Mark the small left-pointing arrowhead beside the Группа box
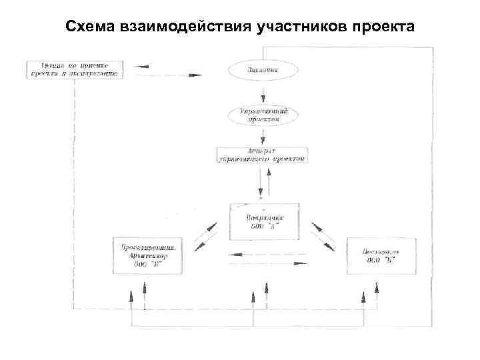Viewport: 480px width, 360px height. point(140,66)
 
